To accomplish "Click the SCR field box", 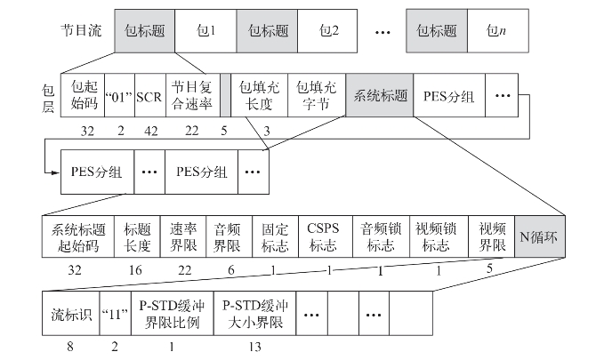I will [149, 94].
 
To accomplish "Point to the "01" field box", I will [119, 94].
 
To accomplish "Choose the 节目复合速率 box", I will [192, 94].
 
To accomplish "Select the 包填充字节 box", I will [318, 94].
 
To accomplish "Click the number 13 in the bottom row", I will [256, 348].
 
